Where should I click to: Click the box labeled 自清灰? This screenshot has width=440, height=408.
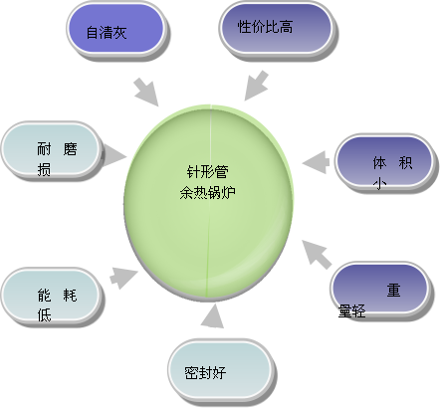(115, 31)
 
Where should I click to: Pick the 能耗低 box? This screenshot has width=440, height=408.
(52, 296)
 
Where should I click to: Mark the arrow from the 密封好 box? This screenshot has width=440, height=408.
(212, 317)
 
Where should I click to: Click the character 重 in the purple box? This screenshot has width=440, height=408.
(395, 291)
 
